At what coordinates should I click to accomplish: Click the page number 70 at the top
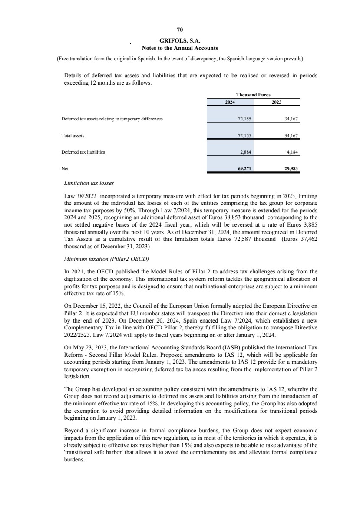pyautogui.click(x=180, y=30)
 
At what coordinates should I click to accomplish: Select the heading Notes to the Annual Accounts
pyautogui.click(x=180, y=48)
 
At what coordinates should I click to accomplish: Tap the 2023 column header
pyautogui.click(x=277, y=102)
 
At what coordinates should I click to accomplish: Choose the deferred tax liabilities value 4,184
pyautogui.click(x=293, y=152)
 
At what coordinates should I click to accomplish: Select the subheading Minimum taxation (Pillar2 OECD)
pyautogui.click(x=106, y=259)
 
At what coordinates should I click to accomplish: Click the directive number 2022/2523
pyautogui.click(x=76, y=336)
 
